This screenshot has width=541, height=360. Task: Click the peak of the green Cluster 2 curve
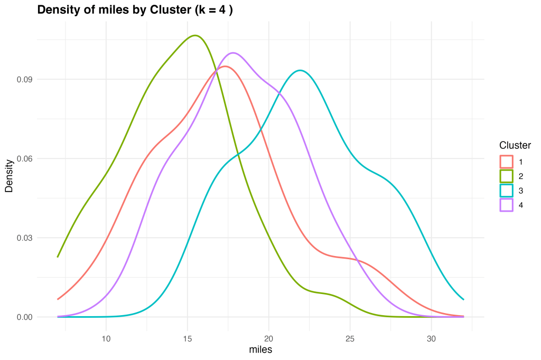pyautogui.click(x=195, y=35)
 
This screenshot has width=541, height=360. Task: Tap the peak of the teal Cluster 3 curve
pyautogui.click(x=300, y=70)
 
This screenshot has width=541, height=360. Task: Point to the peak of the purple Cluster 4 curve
pyautogui.click(x=232, y=53)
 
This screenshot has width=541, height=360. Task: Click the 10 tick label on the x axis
pyautogui.click(x=106, y=338)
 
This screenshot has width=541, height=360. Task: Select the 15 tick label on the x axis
pyautogui.click(x=187, y=338)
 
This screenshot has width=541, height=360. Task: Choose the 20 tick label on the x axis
pyautogui.click(x=268, y=338)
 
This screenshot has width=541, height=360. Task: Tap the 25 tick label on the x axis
pyautogui.click(x=350, y=338)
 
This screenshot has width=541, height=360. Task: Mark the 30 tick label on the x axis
pyautogui.click(x=431, y=338)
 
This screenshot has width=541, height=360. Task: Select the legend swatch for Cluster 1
pyautogui.click(x=506, y=161)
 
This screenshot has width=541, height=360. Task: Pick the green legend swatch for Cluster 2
pyautogui.click(x=506, y=176)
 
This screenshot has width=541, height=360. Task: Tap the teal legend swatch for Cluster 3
pyautogui.click(x=506, y=191)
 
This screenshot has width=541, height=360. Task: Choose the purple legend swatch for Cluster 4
pyautogui.click(x=506, y=205)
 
